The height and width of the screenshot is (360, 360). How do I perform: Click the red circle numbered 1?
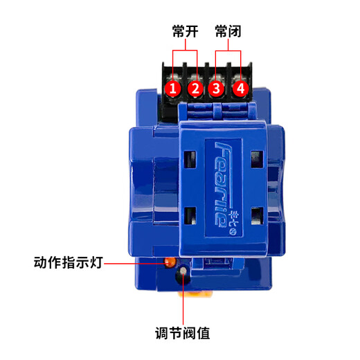[x=173, y=89]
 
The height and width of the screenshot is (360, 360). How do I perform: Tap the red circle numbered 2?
[x=195, y=89]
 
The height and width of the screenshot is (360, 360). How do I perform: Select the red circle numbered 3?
[x=217, y=89]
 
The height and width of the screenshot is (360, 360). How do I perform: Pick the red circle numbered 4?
[x=240, y=89]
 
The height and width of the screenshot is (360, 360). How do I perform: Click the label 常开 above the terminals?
[x=185, y=32]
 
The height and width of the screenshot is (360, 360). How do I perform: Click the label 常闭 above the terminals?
[x=228, y=32]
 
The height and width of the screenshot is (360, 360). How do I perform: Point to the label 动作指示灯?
[x=68, y=262]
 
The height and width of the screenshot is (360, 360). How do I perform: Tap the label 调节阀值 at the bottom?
[x=182, y=333]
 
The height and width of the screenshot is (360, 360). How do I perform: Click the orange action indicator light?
[x=168, y=262]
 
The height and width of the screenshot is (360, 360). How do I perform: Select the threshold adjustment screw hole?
[x=182, y=273]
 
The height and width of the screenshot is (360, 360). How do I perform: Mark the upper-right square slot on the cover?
[x=256, y=159]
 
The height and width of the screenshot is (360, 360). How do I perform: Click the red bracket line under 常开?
[x=185, y=51]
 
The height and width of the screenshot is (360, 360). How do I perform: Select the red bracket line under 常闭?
[x=228, y=51]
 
